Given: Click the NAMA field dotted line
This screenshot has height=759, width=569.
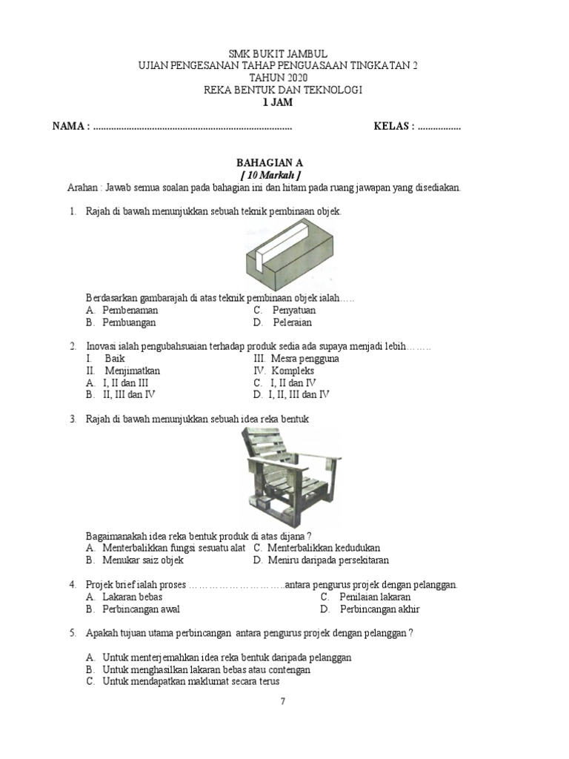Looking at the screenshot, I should [193, 127].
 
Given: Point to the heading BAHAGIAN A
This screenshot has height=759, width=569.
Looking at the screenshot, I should [269, 162].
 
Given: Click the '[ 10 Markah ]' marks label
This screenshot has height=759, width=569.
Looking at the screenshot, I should [269, 174].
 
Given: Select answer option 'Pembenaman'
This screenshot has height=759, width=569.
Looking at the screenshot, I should [130, 311].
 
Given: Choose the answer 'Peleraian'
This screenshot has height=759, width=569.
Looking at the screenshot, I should [292, 322].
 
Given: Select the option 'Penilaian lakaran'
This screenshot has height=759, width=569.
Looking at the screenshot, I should [375, 597].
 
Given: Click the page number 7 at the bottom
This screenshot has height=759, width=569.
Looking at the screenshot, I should [282, 700].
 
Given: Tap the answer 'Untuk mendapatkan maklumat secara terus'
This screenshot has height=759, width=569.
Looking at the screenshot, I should [194, 681].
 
